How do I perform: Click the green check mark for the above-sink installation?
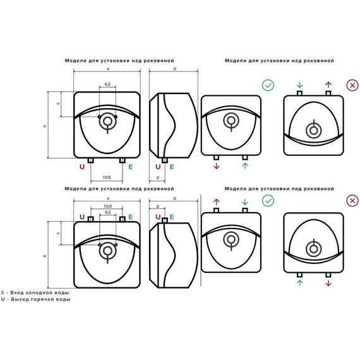(268, 85)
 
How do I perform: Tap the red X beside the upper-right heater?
(352, 85)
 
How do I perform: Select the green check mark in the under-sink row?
(268, 201)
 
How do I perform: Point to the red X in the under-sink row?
(352, 201)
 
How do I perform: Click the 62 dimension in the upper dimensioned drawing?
(107, 84)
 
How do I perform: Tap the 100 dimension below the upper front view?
(107, 177)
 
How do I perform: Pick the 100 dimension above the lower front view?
(107, 206)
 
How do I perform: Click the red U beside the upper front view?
(82, 167)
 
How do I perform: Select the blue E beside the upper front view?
(130, 167)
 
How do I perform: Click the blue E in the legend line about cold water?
(3, 292)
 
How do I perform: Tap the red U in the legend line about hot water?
(3, 299)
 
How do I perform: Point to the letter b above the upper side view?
(175, 69)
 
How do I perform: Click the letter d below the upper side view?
(157, 177)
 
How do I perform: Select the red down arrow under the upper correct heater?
(216, 166)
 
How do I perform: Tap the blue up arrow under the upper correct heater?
(245, 165)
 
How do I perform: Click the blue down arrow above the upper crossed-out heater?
(299, 85)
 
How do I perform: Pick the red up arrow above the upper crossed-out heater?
(328, 85)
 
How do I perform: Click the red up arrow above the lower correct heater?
(216, 202)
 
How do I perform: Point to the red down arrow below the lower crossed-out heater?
(328, 283)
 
